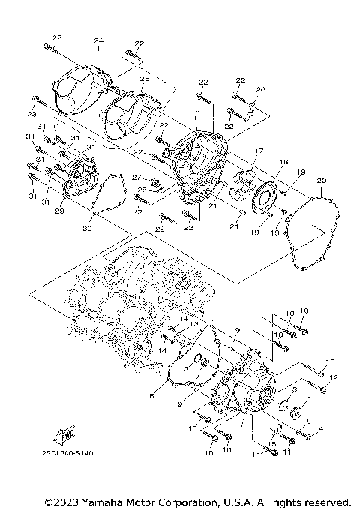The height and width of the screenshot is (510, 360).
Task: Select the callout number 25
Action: [x=144, y=78]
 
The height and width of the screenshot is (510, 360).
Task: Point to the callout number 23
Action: [x=32, y=113]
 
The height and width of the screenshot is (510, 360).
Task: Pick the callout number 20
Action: [x=321, y=181]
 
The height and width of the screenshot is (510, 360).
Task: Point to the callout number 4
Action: [x=321, y=429]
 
